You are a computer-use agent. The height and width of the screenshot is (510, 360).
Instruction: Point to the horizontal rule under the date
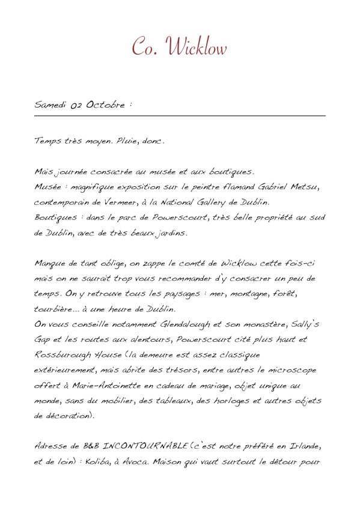180,115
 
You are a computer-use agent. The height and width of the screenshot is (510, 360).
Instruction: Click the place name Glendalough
186,324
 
